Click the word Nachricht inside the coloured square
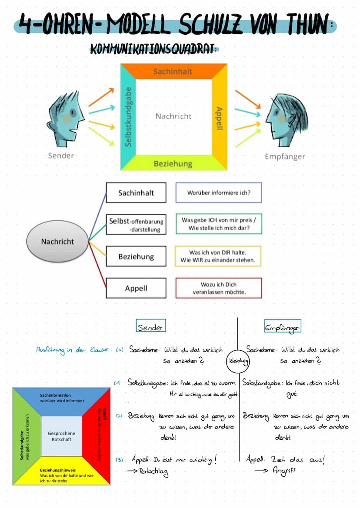point(173,116)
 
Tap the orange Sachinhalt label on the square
point(173,71)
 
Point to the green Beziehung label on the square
point(173,163)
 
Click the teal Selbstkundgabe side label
point(128,116)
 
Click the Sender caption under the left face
point(61,155)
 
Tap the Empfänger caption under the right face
point(285,156)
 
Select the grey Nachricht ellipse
point(57,241)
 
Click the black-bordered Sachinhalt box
point(136,193)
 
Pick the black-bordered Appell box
point(136,288)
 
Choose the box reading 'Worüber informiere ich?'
point(219,193)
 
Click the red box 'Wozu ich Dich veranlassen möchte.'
point(219,288)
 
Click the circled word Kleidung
point(237,361)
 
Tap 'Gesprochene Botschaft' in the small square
point(61,436)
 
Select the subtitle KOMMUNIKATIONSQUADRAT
point(153,49)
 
